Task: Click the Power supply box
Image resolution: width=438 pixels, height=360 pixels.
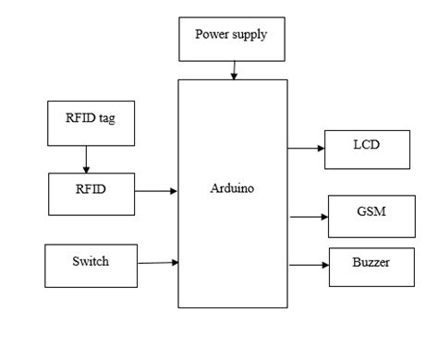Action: (x=232, y=37)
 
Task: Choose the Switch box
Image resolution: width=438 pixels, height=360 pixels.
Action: (x=91, y=263)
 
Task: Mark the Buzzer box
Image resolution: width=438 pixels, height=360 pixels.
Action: (x=370, y=265)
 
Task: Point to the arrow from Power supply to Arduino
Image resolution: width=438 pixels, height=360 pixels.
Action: (x=234, y=69)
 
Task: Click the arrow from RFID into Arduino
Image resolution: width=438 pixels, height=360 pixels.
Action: (x=157, y=192)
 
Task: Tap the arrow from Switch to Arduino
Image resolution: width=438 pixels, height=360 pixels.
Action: (x=157, y=263)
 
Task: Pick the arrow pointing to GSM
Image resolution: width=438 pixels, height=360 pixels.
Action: (x=310, y=218)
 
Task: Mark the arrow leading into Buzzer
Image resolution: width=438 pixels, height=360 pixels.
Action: (x=310, y=265)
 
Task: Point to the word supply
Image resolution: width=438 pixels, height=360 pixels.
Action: (x=250, y=36)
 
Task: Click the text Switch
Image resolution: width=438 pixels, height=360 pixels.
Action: (x=90, y=261)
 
